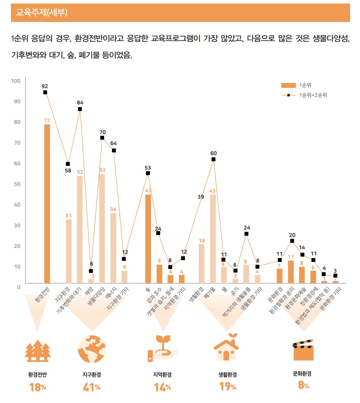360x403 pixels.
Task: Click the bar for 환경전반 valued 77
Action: click(x=47, y=203)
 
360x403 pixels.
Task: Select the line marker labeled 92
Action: click(x=45, y=93)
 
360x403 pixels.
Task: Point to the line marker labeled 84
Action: click(x=80, y=109)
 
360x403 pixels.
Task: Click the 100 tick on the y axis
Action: click(x=16, y=81)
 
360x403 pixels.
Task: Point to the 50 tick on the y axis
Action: click(x=17, y=184)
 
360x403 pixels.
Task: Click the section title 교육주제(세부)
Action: click(x=42, y=13)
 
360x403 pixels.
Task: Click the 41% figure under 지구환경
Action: click(x=91, y=387)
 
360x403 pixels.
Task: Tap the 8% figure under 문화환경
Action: click(x=303, y=386)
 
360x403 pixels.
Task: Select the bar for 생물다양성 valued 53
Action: click(x=102, y=229)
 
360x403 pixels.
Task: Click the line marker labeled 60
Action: click(x=213, y=159)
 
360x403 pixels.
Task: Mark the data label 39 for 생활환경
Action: click(x=201, y=197)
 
